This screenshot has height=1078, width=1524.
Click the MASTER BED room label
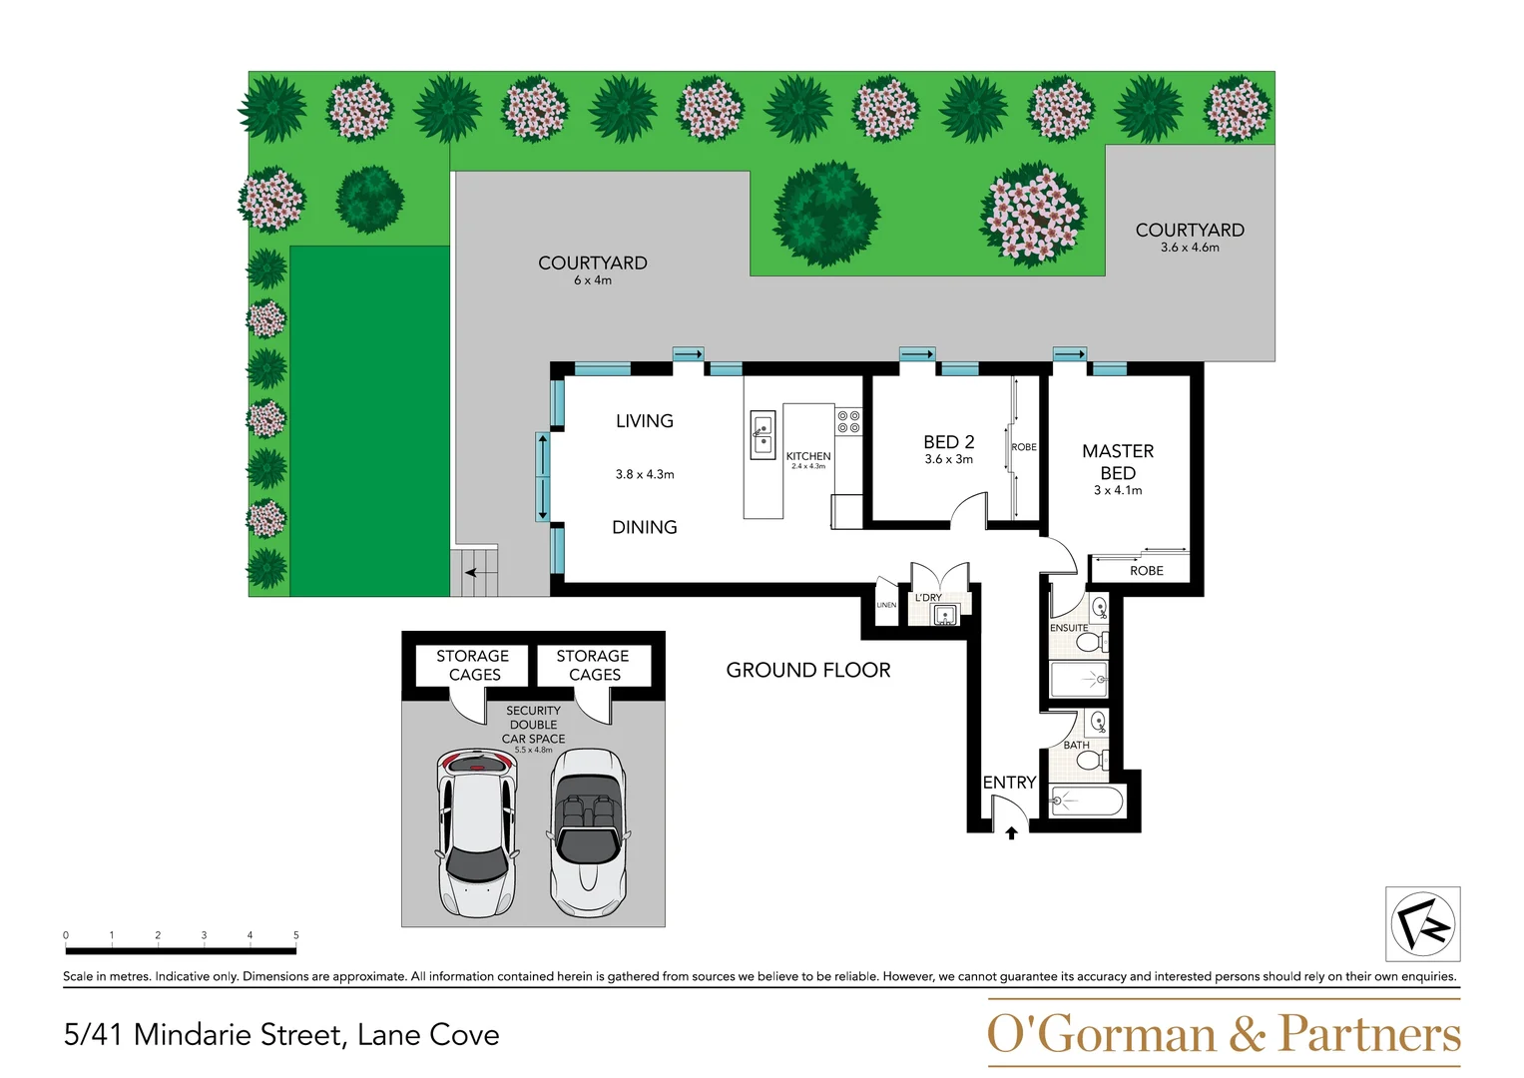(x=1118, y=462)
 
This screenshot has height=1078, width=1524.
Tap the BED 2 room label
(x=948, y=442)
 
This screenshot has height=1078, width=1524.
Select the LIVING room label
(x=644, y=421)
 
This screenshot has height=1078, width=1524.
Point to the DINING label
(x=644, y=527)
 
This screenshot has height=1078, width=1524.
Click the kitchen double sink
(x=762, y=435)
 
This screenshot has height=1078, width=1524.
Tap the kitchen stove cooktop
(x=848, y=421)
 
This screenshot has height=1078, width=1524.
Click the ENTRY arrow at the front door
(x=1011, y=832)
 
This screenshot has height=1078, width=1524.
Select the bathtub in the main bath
(x=1087, y=801)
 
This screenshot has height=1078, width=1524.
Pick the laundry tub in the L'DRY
(x=944, y=615)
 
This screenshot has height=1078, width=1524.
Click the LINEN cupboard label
(x=886, y=605)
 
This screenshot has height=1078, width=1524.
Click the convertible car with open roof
(x=589, y=830)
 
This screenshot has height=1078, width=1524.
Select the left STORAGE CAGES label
(x=473, y=665)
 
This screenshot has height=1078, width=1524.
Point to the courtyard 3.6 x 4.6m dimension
(x=1190, y=248)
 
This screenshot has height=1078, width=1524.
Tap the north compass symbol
(x=1422, y=924)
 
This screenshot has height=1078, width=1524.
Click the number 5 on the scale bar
(x=295, y=935)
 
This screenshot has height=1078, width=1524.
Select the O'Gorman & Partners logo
(x=1223, y=1034)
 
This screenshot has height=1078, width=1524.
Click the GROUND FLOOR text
(x=808, y=671)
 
